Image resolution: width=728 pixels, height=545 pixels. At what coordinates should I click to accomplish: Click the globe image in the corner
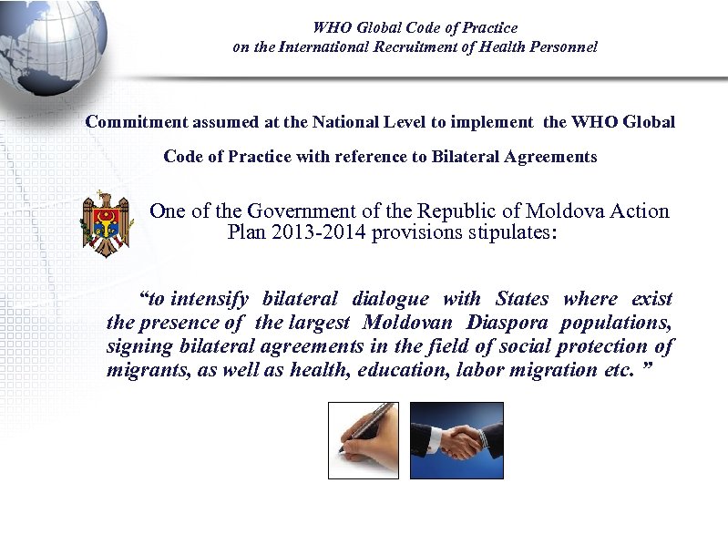pyautogui.click(x=50, y=41)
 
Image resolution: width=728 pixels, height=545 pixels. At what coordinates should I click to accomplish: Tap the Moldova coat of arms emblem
pyautogui.click(x=106, y=224)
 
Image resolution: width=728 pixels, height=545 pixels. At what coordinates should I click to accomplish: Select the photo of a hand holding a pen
pyautogui.click(x=364, y=439)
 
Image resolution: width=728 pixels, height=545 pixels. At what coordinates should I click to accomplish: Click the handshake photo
pyautogui.click(x=456, y=439)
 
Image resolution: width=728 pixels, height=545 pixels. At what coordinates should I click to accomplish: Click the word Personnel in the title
pyautogui.click(x=562, y=46)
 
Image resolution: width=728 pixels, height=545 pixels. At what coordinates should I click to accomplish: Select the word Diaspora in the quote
pyautogui.click(x=508, y=323)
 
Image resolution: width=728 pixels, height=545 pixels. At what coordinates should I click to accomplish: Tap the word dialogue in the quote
pyautogui.click(x=390, y=299)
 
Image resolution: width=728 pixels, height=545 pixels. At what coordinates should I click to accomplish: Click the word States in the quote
pyautogui.click(x=522, y=299)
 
